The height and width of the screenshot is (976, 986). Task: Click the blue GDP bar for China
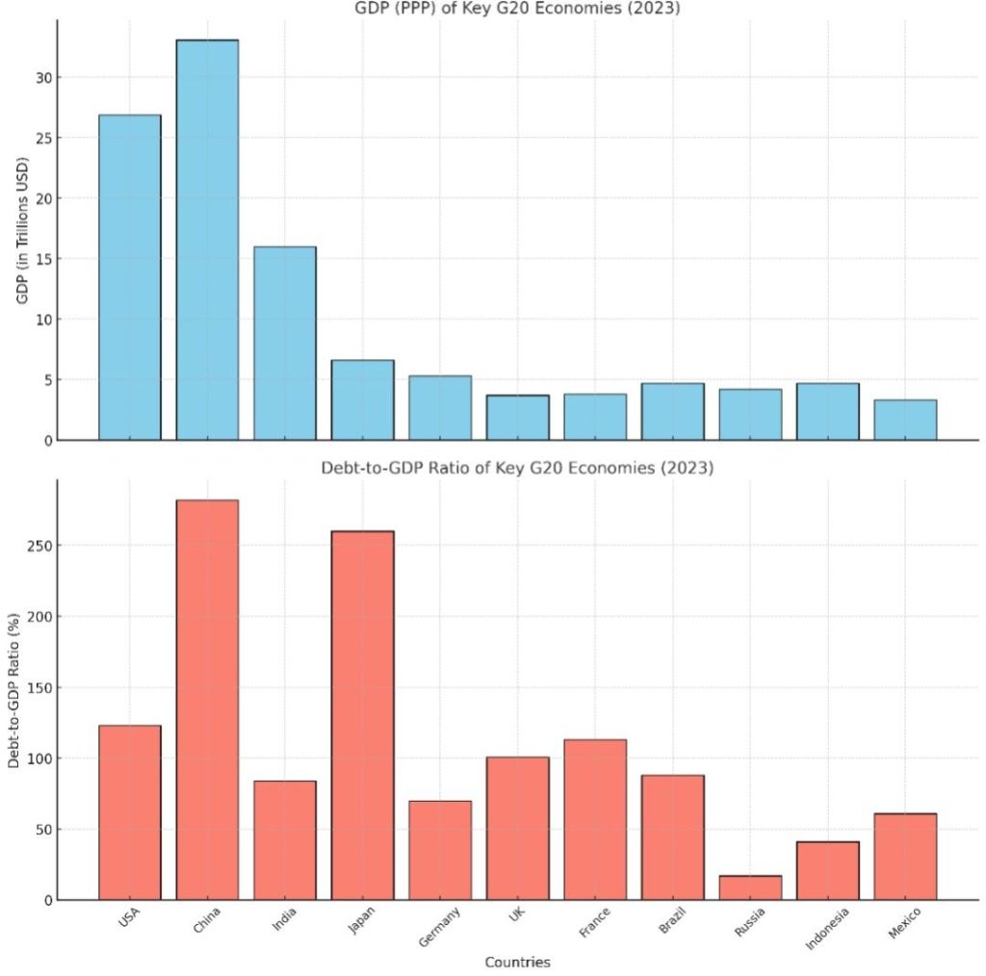tap(207, 240)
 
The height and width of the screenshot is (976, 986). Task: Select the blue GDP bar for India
tap(285, 344)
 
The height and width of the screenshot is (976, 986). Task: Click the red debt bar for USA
tap(130, 812)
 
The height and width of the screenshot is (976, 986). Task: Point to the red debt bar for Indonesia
tap(827, 871)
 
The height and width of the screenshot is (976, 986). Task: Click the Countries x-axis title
tap(517, 962)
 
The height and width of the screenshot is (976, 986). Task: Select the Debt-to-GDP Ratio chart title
tap(517, 469)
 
